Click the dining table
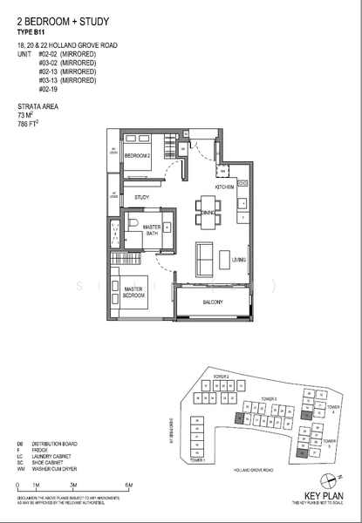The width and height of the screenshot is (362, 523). tap(208, 213)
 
